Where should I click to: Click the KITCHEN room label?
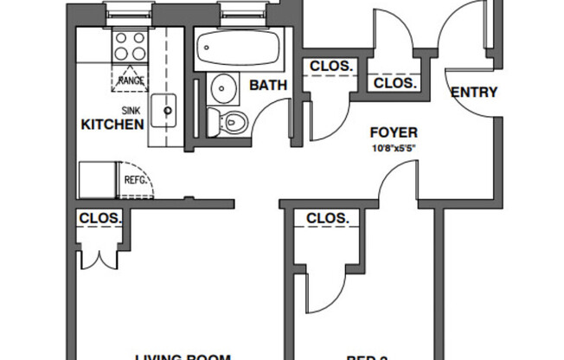tap(112, 125)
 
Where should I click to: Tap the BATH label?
tap(263, 85)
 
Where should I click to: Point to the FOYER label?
tap(394, 132)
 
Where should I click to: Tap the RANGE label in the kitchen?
tap(131, 80)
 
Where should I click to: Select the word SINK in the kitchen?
tap(130, 111)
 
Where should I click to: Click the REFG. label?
tap(137, 181)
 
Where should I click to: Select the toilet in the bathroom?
tap(232, 122)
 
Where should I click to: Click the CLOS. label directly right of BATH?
tap(330, 66)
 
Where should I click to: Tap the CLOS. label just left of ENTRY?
tap(394, 83)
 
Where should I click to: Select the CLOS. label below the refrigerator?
tap(99, 218)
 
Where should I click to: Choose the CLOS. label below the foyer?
tap(328, 218)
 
